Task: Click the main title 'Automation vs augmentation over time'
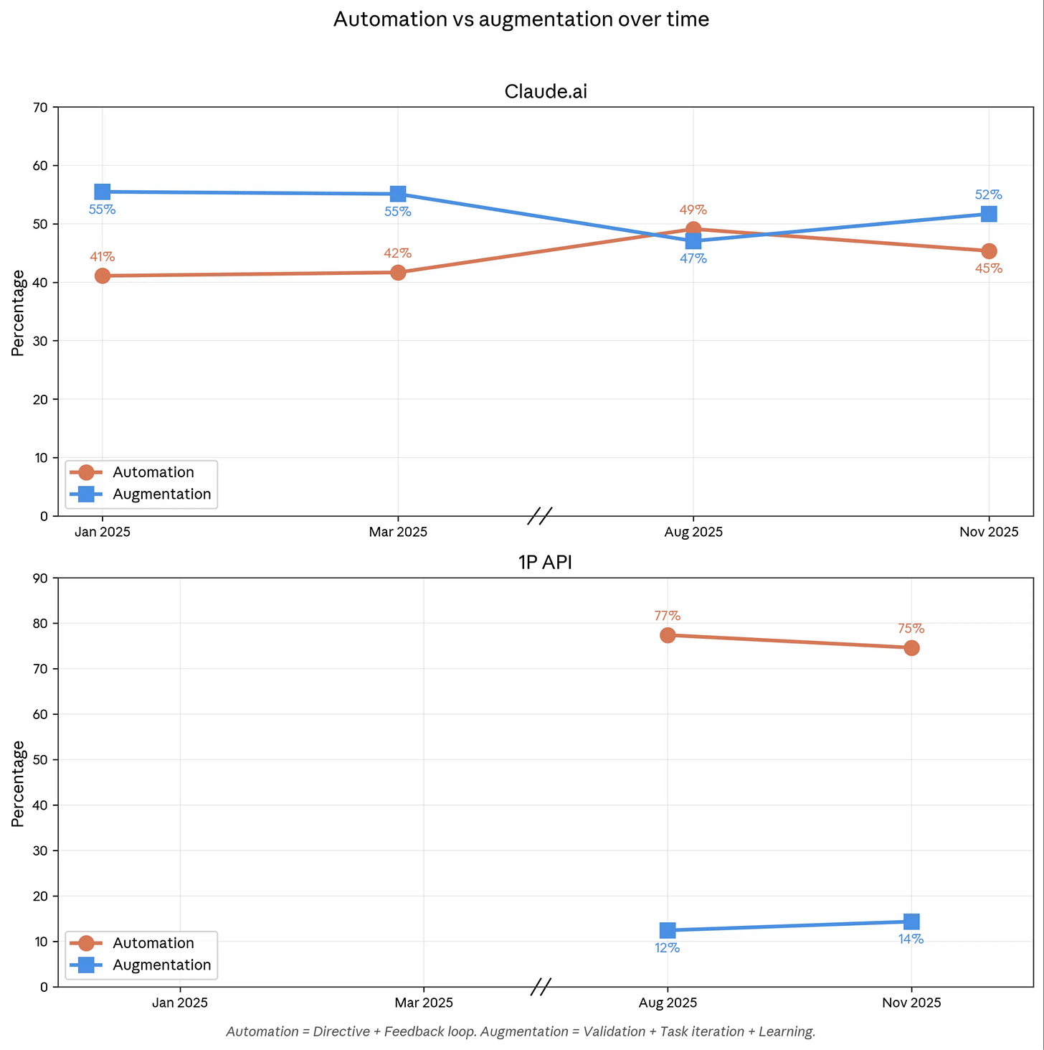[521, 19]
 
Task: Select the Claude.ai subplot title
[546, 92]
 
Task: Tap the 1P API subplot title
[545, 563]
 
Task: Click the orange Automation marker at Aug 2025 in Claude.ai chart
[693, 230]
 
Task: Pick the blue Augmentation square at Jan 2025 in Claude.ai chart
[103, 192]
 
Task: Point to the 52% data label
[988, 195]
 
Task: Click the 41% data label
[103, 257]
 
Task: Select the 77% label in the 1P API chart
[667, 616]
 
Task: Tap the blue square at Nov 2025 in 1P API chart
[911, 922]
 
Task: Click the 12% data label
[667, 948]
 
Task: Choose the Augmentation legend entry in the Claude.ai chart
[161, 494]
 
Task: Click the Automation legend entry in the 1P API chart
[153, 943]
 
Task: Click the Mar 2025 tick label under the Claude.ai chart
[398, 532]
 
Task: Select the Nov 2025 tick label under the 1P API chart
[911, 1003]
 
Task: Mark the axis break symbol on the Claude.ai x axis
[540, 515]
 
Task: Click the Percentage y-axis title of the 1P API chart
[18, 783]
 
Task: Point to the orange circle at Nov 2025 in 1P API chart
[911, 648]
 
